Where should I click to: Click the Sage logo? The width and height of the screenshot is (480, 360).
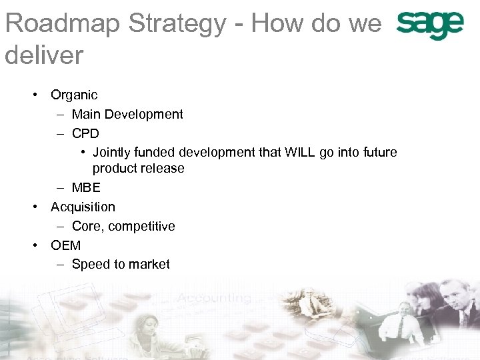tap(429, 25)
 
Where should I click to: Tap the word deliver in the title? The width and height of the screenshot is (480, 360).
tap(44, 55)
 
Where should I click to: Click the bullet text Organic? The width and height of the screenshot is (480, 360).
tap(74, 95)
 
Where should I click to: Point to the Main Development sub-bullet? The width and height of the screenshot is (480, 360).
tap(127, 115)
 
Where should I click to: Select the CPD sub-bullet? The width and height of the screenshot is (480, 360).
tap(85, 133)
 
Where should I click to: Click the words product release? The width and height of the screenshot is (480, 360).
tap(139, 169)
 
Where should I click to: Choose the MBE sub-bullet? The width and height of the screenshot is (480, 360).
tap(86, 188)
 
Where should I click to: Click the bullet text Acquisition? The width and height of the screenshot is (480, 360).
tap(83, 207)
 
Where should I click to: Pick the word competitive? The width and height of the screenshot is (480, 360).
tap(142, 227)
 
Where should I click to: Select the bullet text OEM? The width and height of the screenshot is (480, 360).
tap(65, 245)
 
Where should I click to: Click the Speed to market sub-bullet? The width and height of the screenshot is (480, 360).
tap(121, 265)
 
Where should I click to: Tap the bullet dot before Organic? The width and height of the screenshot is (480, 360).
tap(35, 95)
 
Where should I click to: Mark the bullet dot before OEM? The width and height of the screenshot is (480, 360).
tap(35, 245)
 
